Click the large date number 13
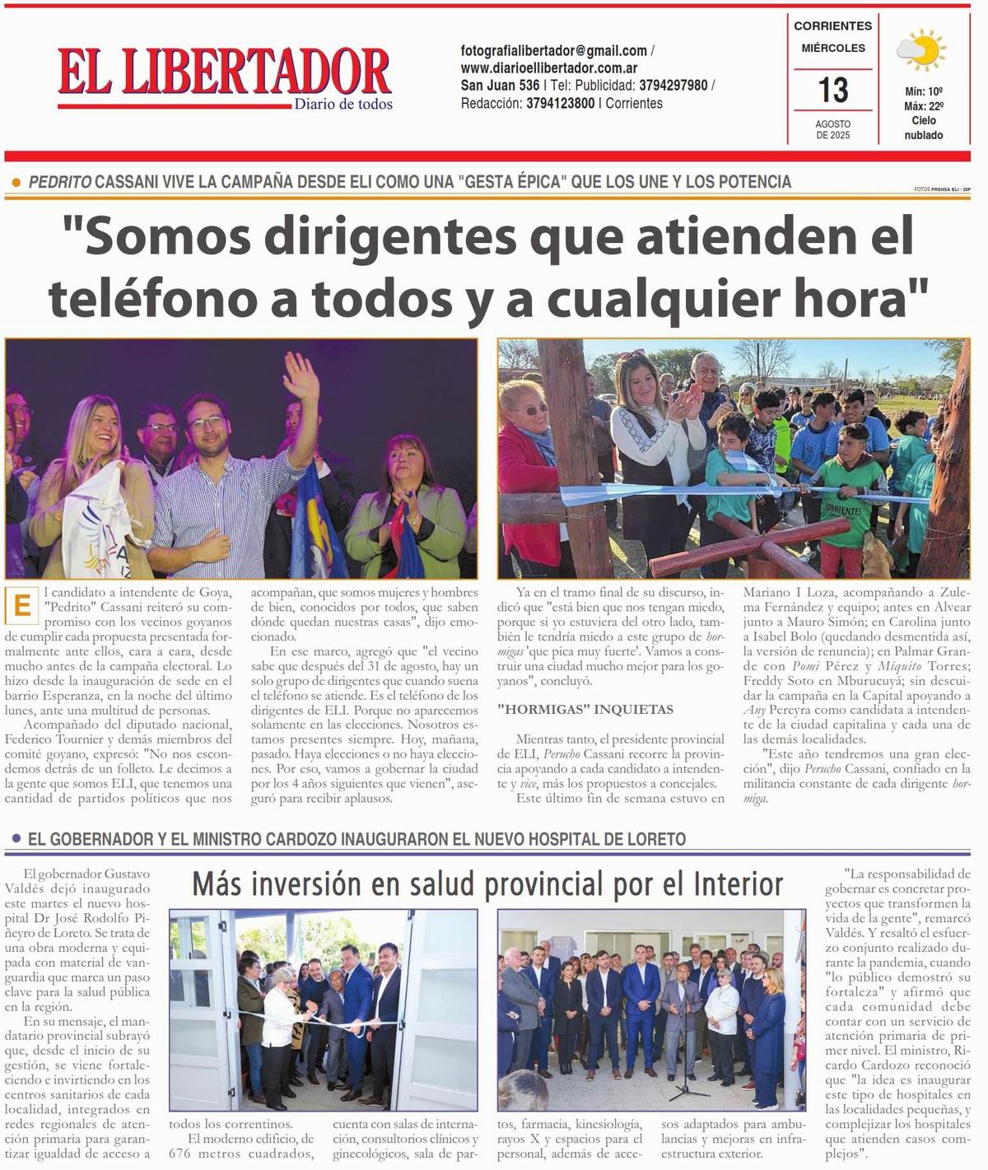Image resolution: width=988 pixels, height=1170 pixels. (833, 89)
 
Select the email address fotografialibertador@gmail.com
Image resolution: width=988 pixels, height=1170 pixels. (553, 51)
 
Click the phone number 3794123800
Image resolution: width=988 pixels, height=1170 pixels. (560, 104)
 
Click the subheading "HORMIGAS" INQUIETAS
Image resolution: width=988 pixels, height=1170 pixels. (585, 709)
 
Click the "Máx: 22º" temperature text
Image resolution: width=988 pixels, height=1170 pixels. (924, 106)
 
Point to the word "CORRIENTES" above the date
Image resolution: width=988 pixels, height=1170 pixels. (832, 26)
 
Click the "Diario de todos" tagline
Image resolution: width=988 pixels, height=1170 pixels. (343, 105)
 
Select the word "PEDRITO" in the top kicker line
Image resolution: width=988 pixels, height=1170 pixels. (60, 182)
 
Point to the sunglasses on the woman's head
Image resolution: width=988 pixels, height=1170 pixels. (632, 356)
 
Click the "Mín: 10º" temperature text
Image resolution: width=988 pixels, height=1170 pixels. (924, 92)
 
